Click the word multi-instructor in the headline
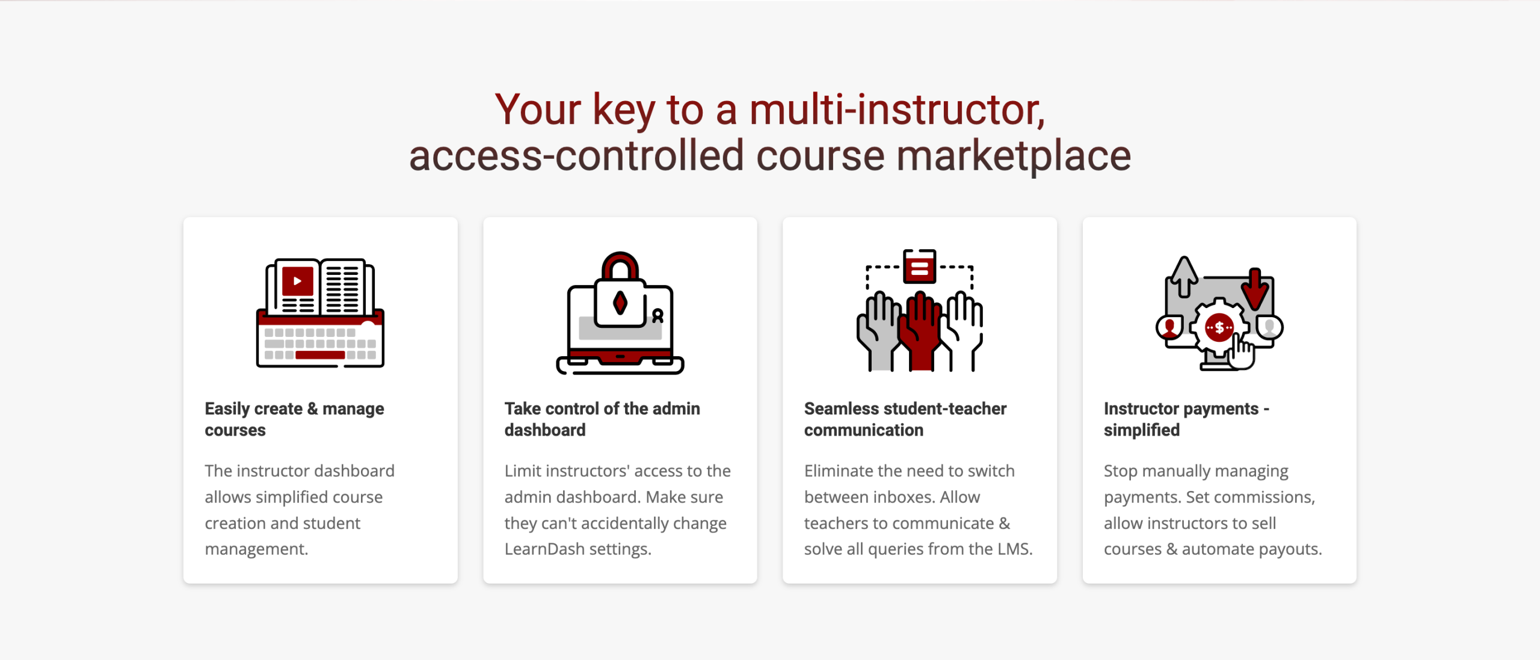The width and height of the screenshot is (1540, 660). [897, 110]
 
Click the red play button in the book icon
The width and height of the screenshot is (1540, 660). [297, 281]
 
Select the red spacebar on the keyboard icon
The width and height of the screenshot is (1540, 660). [319, 355]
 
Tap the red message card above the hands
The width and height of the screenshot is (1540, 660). [919, 266]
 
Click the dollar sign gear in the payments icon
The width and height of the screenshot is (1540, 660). [1219, 328]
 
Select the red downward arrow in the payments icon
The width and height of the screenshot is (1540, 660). [1255, 288]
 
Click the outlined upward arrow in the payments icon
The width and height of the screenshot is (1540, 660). [1184, 277]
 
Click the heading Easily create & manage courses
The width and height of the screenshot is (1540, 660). [294, 419]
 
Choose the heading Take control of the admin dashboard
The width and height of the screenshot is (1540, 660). [602, 419]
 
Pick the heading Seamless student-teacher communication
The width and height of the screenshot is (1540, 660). [905, 419]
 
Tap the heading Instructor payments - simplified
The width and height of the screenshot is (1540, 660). [1186, 419]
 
